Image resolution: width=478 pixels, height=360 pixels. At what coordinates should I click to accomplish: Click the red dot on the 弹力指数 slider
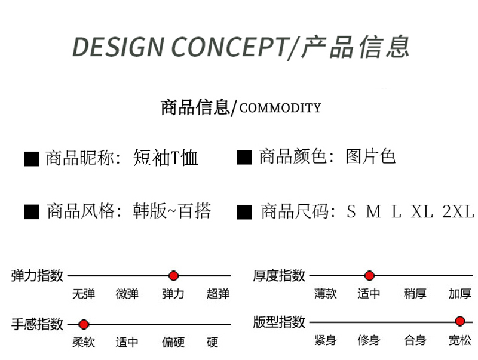(174, 276)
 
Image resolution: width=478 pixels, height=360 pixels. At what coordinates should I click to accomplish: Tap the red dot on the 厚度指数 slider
(369, 276)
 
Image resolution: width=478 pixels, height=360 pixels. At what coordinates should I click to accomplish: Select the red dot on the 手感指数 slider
(84, 325)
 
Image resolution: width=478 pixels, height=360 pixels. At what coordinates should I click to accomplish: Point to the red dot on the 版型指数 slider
(460, 321)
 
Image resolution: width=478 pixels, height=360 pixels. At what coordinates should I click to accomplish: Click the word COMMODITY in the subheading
(280, 108)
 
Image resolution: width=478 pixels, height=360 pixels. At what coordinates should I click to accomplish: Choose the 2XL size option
(458, 211)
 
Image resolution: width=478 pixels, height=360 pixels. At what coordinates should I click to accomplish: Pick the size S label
(351, 211)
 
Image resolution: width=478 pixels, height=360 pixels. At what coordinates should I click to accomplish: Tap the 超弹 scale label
(218, 293)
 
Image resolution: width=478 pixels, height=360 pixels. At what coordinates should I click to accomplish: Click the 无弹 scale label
(84, 293)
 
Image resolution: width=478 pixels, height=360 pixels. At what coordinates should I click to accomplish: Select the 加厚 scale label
(460, 293)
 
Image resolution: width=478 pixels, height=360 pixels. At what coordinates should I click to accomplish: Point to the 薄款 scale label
(326, 293)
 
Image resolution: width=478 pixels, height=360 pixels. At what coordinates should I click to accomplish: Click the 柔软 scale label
(84, 342)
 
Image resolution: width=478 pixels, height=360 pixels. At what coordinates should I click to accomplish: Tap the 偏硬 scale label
(173, 342)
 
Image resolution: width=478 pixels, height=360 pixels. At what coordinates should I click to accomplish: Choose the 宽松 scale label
(460, 340)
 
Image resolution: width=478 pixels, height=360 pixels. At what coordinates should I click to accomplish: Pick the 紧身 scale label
(326, 340)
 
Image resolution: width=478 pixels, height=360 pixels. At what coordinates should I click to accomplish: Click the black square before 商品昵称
(32, 158)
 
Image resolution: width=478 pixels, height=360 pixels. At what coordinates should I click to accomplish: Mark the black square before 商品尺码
(244, 212)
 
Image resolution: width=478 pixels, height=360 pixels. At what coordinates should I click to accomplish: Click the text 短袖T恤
(166, 158)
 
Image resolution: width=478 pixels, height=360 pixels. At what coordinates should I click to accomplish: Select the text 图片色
(370, 157)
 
